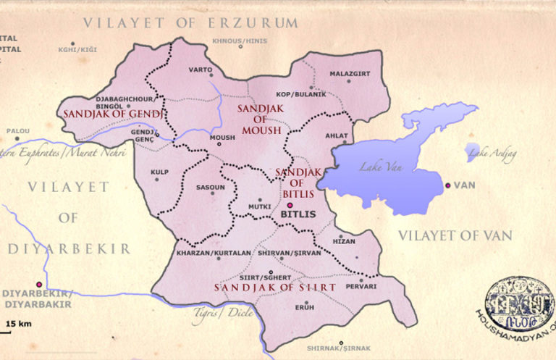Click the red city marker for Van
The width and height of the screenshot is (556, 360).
(449, 186)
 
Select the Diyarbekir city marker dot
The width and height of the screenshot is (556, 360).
(39, 284)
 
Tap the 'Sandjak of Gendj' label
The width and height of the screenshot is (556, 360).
(115, 114)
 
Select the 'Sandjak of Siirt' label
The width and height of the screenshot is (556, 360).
(274, 288)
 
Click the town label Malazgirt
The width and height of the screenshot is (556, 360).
(349, 73)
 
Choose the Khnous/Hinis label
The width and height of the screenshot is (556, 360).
(240, 41)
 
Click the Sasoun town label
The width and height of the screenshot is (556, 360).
(211, 188)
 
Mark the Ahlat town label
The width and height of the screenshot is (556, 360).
(337, 135)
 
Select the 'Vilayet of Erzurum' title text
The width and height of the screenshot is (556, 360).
(190, 22)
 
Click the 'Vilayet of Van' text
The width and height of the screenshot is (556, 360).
(455, 235)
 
